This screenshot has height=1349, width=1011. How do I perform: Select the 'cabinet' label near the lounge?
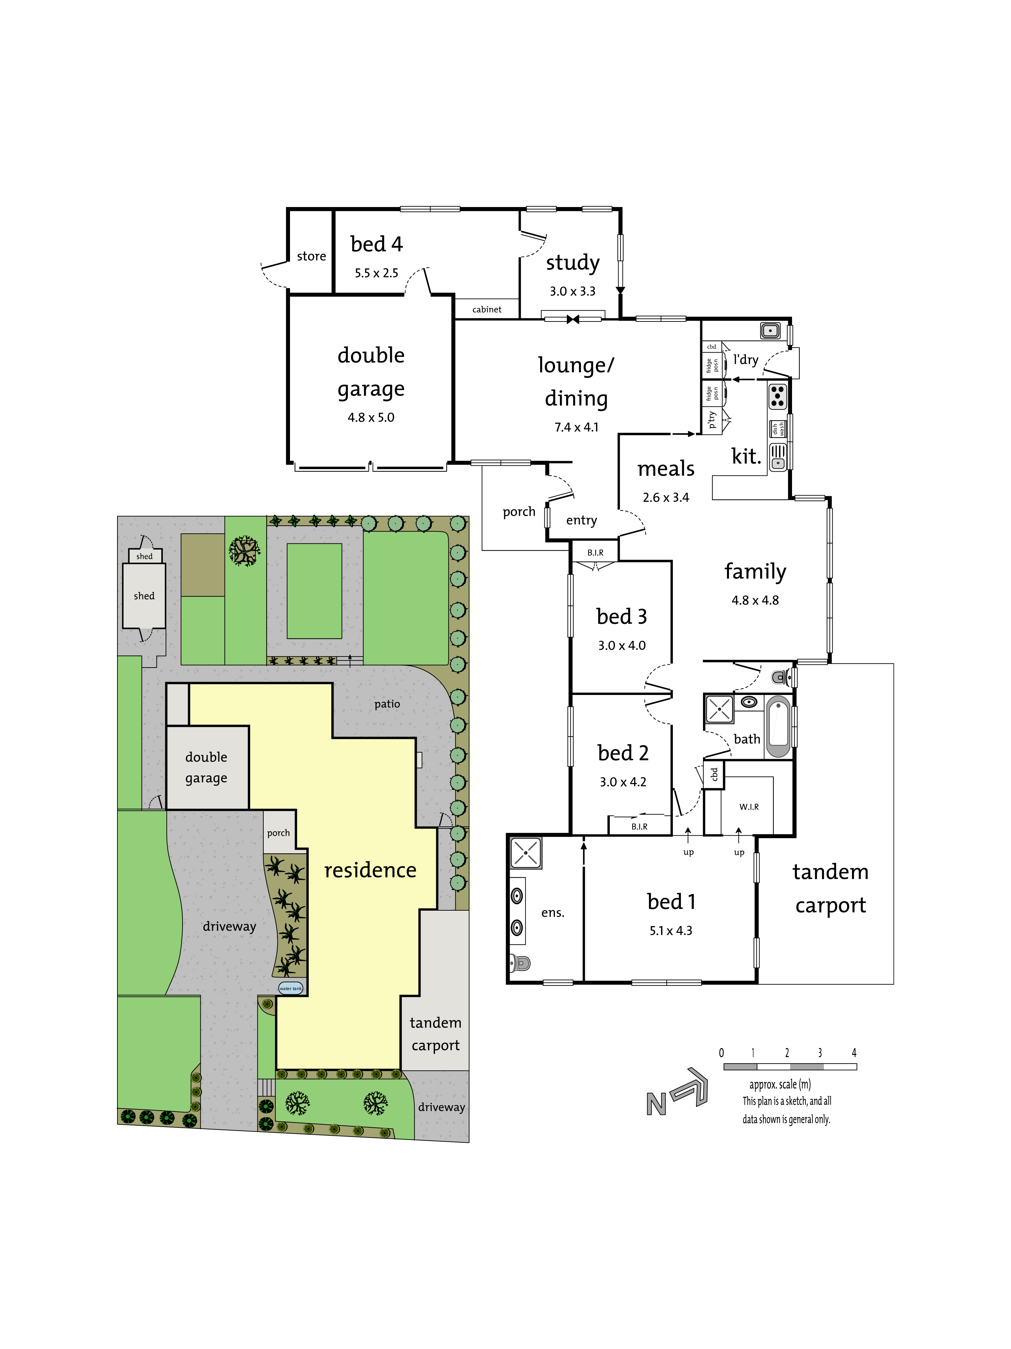487,309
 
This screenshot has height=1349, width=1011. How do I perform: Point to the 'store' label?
311,256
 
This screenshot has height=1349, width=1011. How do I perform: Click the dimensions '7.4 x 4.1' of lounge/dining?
577,427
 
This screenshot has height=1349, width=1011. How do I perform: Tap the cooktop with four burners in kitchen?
777,395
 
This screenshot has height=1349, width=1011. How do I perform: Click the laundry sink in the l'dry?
770,330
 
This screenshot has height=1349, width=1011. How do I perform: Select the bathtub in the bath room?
778,726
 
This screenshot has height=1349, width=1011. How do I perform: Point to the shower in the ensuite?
525,853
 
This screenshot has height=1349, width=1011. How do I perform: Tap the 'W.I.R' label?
749,806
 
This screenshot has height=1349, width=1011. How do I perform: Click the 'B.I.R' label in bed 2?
639,826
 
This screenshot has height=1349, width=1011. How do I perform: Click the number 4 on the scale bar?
854,1052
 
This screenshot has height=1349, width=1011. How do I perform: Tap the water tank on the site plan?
291,988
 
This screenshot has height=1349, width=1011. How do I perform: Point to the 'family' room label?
755,572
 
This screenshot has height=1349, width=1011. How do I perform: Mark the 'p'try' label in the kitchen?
711,420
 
